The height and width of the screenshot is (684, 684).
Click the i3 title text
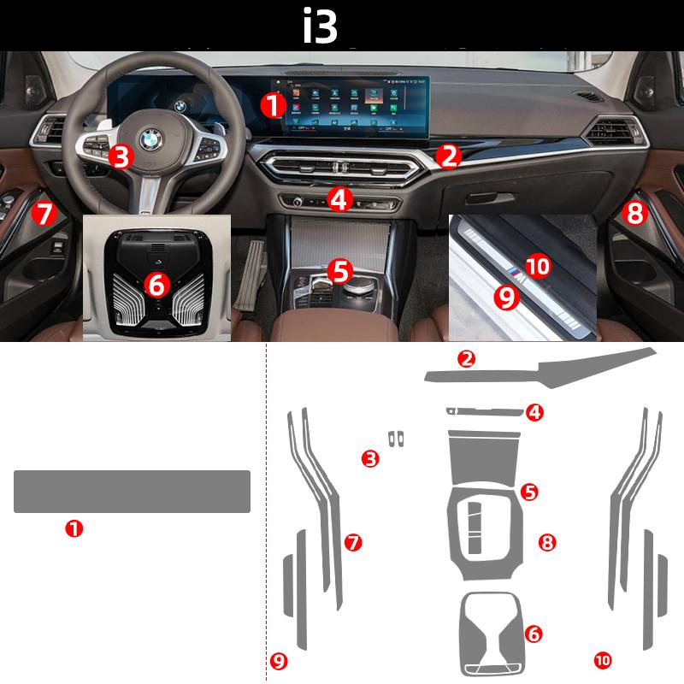(x=321, y=26)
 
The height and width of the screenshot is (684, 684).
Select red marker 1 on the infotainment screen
(x=273, y=106)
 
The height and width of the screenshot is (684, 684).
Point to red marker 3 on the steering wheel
(x=121, y=156)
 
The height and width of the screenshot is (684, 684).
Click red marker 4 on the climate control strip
(x=339, y=200)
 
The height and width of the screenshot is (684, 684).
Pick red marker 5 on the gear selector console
(x=340, y=272)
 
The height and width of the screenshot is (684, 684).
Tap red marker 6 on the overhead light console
(x=157, y=285)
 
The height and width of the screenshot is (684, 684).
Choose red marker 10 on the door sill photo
(x=537, y=266)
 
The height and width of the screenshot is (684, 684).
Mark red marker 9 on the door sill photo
(x=506, y=297)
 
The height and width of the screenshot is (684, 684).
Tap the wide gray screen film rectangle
(x=132, y=492)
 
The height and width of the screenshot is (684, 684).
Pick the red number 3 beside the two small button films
(x=370, y=459)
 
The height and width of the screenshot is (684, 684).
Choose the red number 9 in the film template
(x=277, y=659)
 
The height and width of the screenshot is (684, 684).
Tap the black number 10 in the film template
(x=603, y=659)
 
